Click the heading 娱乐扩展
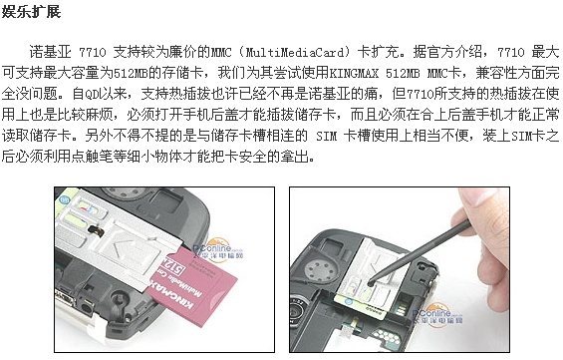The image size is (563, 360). tap(31, 11)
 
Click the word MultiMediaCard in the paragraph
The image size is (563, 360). tap(295, 53)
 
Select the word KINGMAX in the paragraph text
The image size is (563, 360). tap(354, 73)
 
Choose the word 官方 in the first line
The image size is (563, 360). tap(440, 52)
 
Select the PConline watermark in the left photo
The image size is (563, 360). tap(218, 250)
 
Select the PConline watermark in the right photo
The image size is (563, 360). tap(437, 316)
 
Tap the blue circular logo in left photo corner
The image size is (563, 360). tap(65, 199)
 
